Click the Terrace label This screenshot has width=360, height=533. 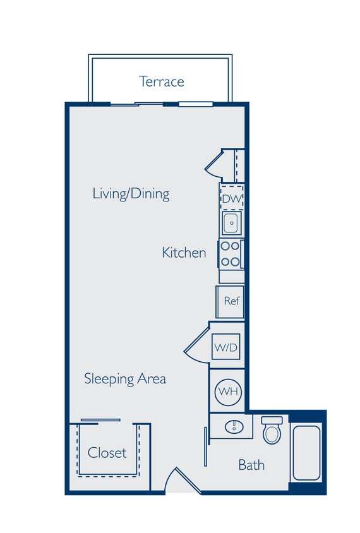(x=162, y=81)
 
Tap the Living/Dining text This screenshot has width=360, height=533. (x=131, y=193)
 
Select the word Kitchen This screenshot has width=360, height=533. (x=184, y=253)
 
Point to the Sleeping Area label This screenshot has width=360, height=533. (x=125, y=378)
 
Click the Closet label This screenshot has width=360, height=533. (x=107, y=452)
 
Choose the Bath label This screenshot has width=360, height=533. (x=251, y=465)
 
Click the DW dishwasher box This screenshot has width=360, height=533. (x=231, y=199)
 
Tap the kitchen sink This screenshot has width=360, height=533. (x=231, y=222)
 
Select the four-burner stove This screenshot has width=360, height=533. (x=231, y=254)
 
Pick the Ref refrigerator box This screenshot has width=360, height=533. (x=231, y=301)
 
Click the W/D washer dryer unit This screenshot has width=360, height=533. (x=225, y=347)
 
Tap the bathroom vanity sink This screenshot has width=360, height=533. (x=233, y=426)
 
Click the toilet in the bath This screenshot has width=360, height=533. (x=272, y=431)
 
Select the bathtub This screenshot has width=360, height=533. (x=307, y=453)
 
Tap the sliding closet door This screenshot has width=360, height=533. (x=100, y=420)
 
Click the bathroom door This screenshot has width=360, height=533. (x=205, y=446)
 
